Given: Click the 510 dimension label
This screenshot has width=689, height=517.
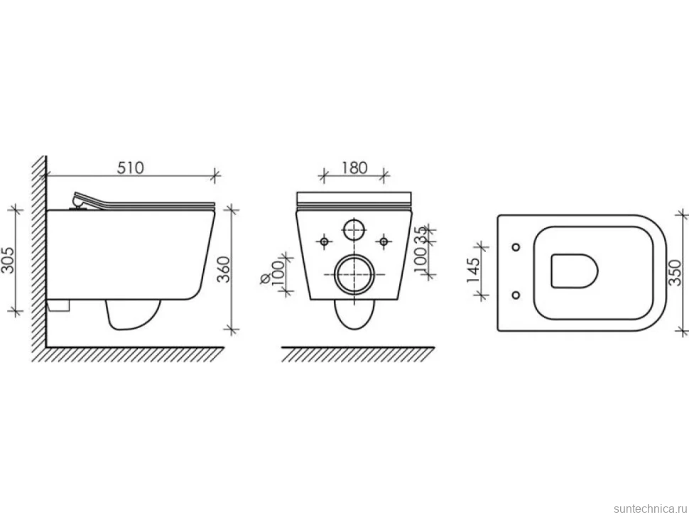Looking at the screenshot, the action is tap(131, 168).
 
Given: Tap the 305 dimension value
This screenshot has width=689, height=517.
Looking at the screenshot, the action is tap(8, 260).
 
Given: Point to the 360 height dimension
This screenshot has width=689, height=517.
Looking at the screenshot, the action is tap(224, 269).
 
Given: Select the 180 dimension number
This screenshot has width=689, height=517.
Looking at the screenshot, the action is tap(354, 168).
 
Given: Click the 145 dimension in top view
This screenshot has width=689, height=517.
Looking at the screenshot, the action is tap(472, 270).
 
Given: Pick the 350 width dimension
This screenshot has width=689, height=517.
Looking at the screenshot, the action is tap(676, 273).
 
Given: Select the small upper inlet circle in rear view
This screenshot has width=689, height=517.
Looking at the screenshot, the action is tap(354, 229).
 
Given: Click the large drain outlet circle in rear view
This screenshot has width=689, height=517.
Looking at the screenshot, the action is tap(354, 275).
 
